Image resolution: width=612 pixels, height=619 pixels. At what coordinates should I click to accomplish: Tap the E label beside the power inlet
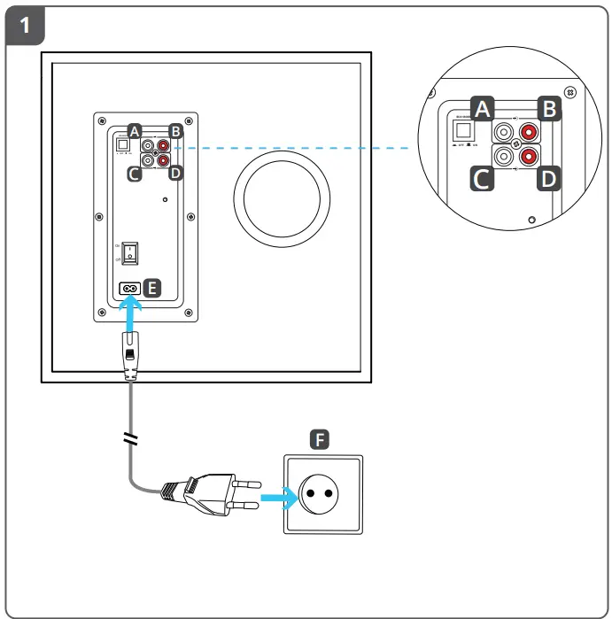coord(152,287)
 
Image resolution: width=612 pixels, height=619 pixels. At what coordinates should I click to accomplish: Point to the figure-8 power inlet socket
coord(128,288)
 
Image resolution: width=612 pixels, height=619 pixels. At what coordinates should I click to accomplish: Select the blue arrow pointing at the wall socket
coord(279,501)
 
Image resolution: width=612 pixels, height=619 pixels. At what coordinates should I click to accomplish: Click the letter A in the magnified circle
coord(482,110)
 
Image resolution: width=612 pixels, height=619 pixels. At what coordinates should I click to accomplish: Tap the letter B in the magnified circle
coord(549,110)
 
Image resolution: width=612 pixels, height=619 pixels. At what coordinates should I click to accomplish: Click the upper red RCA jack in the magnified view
coord(530,133)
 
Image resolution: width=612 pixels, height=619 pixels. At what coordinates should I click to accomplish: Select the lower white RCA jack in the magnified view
coord(503,158)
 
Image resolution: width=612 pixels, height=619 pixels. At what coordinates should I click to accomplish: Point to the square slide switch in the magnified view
coord(462,129)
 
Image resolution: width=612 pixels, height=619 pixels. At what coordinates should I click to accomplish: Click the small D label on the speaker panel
coord(175,171)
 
